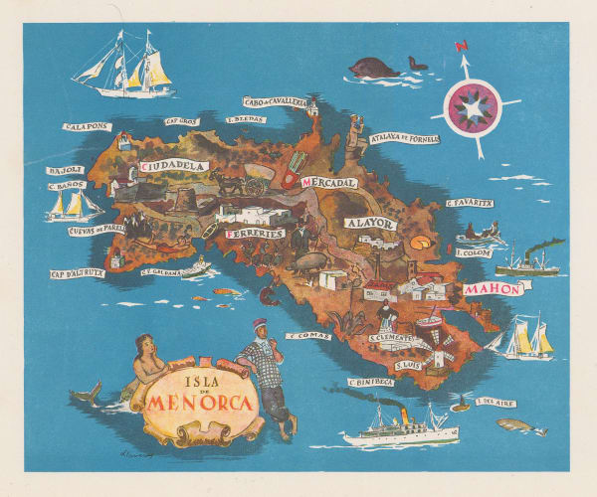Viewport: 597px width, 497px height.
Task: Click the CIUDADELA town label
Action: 173,166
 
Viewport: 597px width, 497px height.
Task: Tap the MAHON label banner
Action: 492,289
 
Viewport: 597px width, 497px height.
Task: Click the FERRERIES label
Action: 256,234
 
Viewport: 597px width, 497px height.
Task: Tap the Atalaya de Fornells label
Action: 404,140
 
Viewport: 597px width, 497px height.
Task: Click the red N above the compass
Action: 460,45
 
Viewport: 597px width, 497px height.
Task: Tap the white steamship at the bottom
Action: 398,427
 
